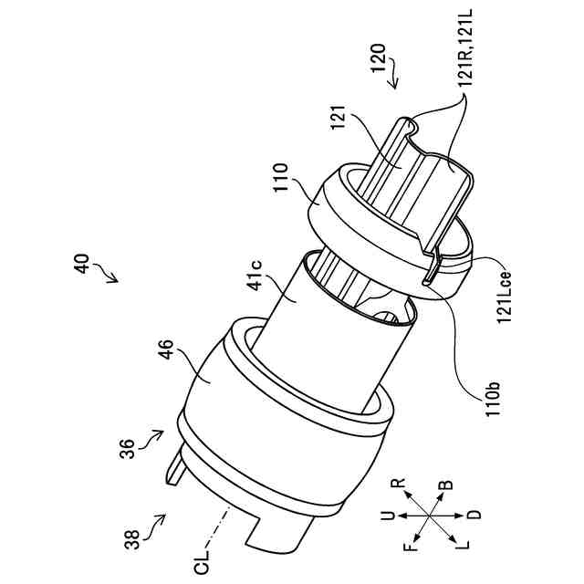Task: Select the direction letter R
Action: (x=398, y=485)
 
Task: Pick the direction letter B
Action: (x=443, y=486)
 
